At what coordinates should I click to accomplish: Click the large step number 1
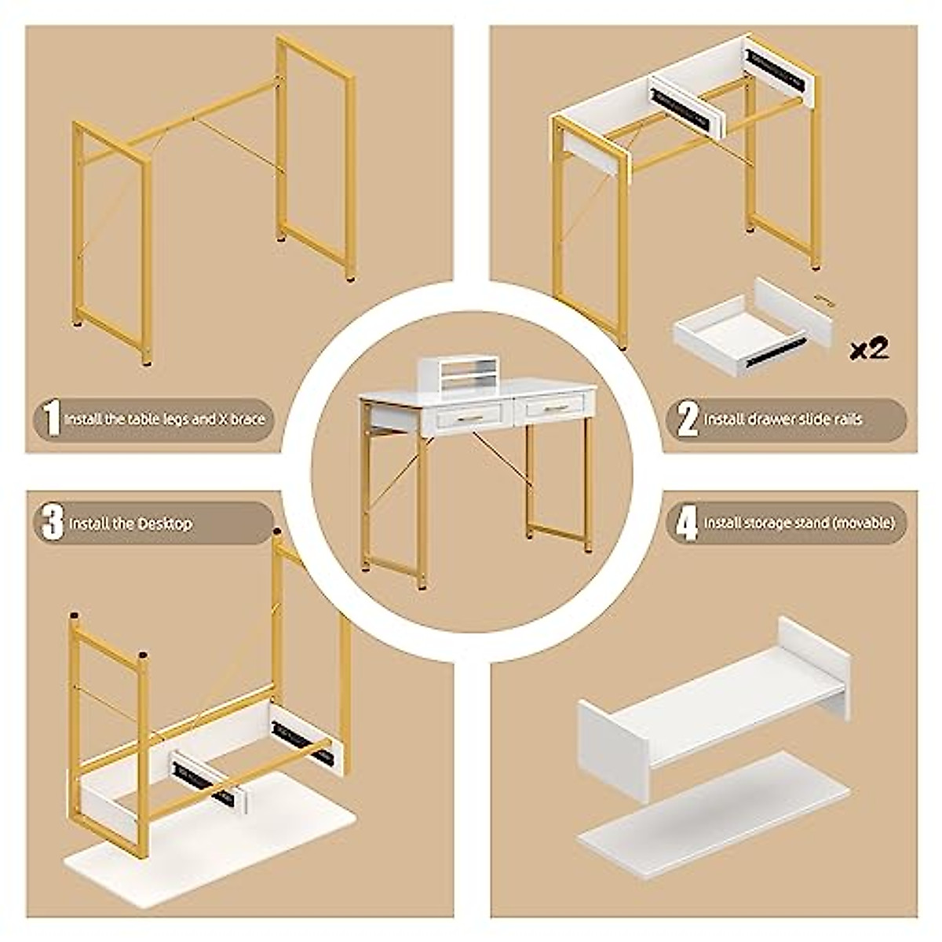click(x=51, y=418)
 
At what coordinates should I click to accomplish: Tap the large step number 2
click(x=687, y=419)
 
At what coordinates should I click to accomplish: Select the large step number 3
click(x=51, y=523)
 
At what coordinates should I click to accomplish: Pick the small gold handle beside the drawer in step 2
click(x=822, y=299)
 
